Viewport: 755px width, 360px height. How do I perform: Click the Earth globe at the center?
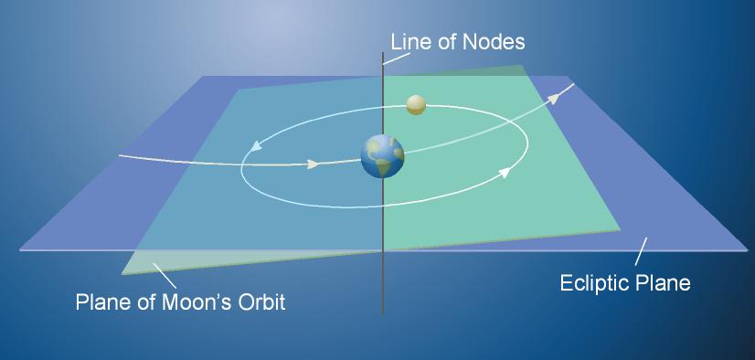coord(382,155)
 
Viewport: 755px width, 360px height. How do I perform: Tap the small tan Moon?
coord(416,104)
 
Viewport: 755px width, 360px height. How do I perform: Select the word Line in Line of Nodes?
coord(409,42)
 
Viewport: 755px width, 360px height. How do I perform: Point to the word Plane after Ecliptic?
coord(665,283)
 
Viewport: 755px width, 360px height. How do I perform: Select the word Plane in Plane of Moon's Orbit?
coord(102,302)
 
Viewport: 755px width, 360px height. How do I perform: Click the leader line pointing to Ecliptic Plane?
coord(642,251)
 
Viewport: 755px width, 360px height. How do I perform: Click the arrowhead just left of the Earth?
coord(313,164)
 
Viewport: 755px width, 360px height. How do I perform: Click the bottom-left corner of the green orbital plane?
coord(122,273)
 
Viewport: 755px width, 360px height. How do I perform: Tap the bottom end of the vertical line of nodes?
coord(382,310)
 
